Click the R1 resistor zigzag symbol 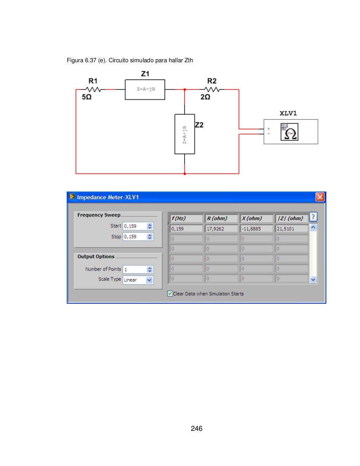[x=93, y=90]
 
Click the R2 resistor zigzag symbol [x=212, y=90]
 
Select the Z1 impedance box [x=145, y=89]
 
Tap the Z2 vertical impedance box [x=185, y=134]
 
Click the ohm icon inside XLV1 [x=289, y=132]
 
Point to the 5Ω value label [x=86, y=97]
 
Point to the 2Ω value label [x=205, y=97]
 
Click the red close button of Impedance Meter [x=320, y=197]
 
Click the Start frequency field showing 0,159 [x=134, y=226]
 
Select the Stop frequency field [x=134, y=237]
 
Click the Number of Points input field [x=134, y=270]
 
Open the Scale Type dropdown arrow [x=149, y=280]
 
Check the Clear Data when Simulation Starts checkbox [x=170, y=293]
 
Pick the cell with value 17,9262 [x=221, y=229]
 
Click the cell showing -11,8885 [x=257, y=229]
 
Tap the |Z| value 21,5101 [x=291, y=229]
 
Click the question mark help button [x=313, y=217]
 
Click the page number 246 [x=197, y=428]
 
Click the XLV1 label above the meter [x=288, y=113]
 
